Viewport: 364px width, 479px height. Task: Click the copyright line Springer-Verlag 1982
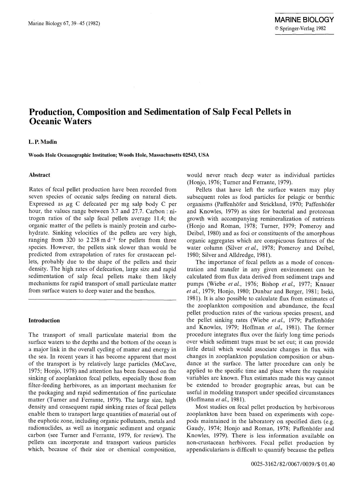pos(300,28)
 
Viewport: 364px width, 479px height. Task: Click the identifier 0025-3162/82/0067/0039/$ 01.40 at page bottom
pos(292,464)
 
